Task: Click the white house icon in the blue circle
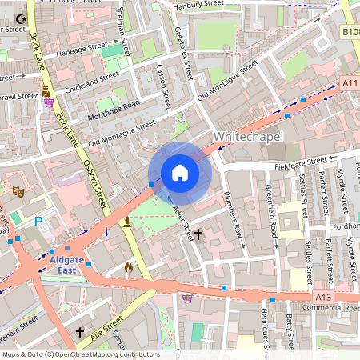coord(180,173)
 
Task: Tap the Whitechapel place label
coord(248,137)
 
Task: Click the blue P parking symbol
coord(37,222)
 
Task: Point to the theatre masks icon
coord(16,191)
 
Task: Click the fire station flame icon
coord(128,266)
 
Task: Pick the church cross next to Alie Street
coord(79,330)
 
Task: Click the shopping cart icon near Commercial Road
coord(187,298)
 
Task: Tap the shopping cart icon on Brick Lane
coord(50,102)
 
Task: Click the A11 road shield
coord(349,82)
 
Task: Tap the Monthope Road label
coord(114,107)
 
